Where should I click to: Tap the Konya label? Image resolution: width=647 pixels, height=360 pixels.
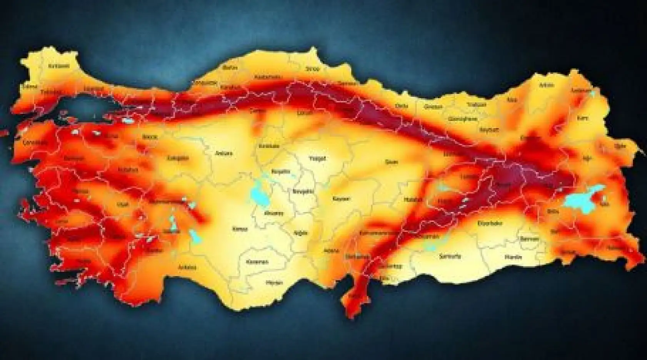point(240,229)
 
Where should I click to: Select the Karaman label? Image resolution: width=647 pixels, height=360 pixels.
point(257,262)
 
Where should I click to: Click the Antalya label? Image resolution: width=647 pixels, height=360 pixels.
point(187,267)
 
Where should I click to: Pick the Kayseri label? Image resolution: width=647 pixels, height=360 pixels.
point(341,199)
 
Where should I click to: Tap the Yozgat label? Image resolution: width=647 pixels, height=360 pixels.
point(318,158)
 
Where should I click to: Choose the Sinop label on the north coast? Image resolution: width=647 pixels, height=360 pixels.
point(312,69)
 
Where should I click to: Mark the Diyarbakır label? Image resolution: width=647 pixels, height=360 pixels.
point(490,223)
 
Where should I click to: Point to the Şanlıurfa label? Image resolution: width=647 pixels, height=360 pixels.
point(450,256)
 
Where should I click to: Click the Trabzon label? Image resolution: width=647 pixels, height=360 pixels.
point(477,105)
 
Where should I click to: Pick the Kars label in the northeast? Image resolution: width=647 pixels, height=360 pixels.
point(582,118)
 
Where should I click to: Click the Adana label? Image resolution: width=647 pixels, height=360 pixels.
point(332,250)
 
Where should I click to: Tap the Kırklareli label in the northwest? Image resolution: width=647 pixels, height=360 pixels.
point(59,66)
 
